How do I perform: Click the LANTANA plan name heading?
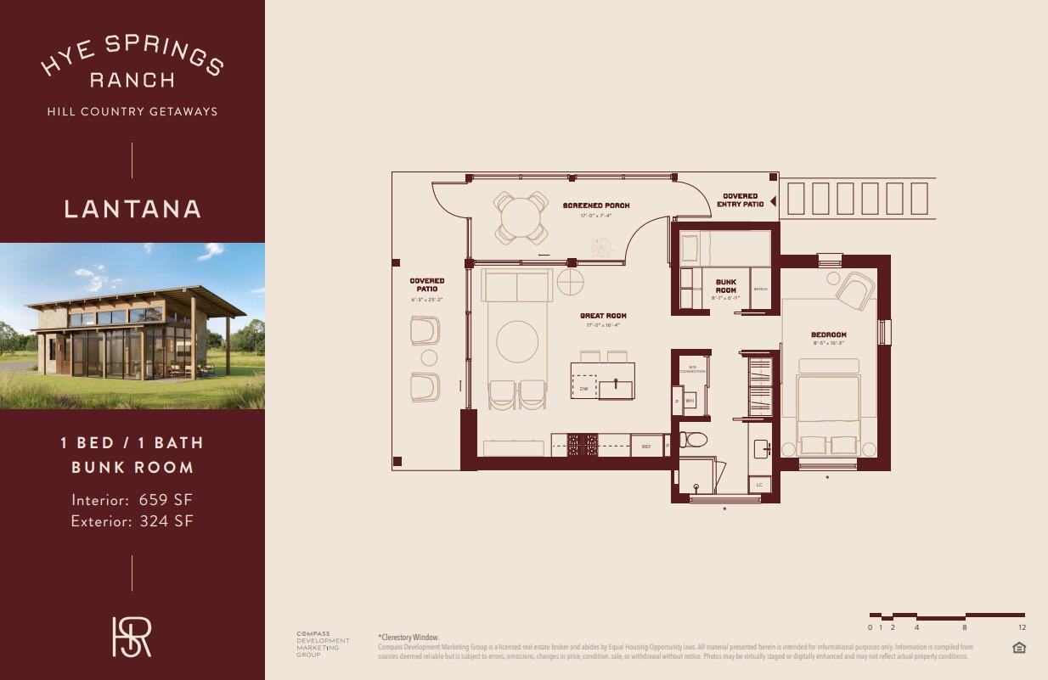coord(132,209)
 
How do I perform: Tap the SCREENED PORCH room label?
coord(596,205)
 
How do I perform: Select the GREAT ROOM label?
coord(603,316)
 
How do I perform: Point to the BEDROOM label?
coord(828,335)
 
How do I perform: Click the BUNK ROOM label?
coord(725,286)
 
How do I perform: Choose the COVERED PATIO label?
coord(426,285)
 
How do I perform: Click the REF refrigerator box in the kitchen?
coord(646,445)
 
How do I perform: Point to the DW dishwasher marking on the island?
coord(584,389)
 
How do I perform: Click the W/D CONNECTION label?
coord(692,370)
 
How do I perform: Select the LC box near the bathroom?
coord(760,485)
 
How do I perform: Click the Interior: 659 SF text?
coord(132,500)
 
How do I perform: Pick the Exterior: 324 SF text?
coord(132,520)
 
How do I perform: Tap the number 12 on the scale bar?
coord(1023,627)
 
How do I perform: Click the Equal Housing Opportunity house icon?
coord(1020,649)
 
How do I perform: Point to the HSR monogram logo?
coord(132,636)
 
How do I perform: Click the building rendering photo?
coord(132,326)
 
